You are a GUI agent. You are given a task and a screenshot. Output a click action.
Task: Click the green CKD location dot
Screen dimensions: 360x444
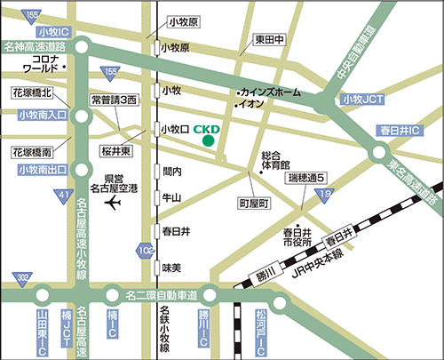coord(208,140)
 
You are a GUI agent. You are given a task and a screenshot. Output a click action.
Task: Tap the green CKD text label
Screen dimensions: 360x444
coord(206,127)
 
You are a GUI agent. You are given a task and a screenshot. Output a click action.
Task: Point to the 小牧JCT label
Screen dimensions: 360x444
coord(359,100)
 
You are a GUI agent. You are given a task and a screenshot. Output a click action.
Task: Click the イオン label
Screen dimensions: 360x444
coord(250,104)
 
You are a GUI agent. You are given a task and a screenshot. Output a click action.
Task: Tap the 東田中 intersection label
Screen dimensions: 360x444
coord(269,39)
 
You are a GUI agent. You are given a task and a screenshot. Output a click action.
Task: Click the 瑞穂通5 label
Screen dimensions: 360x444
coord(307,179)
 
